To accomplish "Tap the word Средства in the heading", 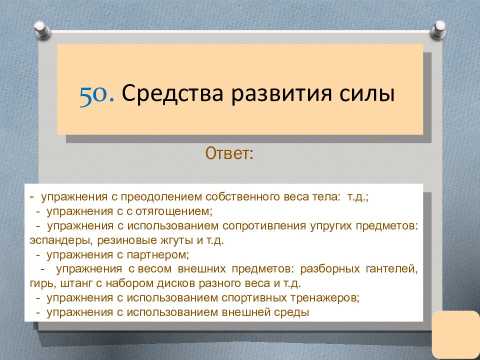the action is (172, 93).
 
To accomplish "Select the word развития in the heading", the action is (281, 94).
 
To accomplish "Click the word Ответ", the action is (229, 153).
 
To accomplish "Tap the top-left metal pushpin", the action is (42, 30).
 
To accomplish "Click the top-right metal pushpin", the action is (438, 29).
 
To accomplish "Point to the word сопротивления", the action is (264, 226).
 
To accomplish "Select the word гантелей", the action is (392, 269).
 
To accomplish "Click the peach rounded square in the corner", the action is (456, 335).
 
